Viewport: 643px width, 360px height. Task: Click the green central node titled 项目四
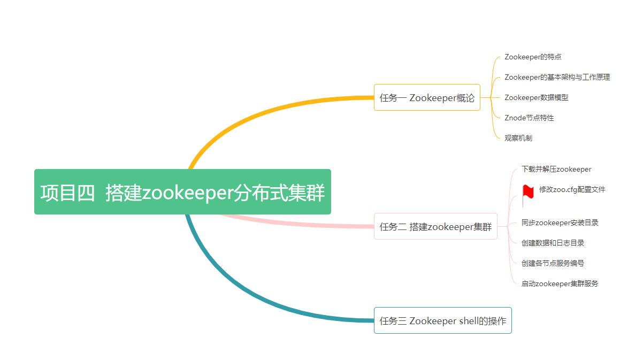(182, 192)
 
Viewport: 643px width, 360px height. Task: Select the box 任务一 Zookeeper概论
(427, 98)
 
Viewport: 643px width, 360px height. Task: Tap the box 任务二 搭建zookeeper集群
(435, 226)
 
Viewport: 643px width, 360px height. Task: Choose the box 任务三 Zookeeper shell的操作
(442, 320)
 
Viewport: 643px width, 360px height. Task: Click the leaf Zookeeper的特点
(533, 57)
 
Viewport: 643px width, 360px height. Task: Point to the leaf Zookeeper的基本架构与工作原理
(557, 77)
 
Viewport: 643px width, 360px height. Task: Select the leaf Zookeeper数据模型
(536, 97)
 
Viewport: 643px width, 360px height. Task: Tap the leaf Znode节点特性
(529, 118)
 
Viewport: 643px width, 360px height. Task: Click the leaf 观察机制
(518, 138)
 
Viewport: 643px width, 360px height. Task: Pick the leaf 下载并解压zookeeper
(556, 169)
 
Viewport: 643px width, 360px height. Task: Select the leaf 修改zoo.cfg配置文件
(572, 189)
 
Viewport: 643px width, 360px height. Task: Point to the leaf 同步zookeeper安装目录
(560, 223)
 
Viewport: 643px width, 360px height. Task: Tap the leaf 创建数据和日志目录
(553, 243)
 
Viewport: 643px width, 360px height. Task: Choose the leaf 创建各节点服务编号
(553, 263)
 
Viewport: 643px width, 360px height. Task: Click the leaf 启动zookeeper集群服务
(560, 284)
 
